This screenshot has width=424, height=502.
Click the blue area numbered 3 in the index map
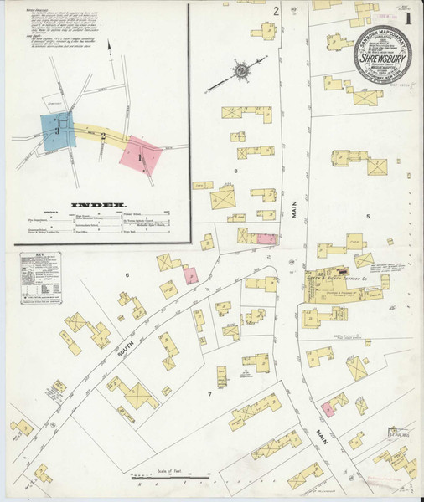pos(57,130)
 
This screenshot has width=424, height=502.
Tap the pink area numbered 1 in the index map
pos(140,153)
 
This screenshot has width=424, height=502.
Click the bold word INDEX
pos(98,203)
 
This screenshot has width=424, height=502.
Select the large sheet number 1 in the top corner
pos(408,16)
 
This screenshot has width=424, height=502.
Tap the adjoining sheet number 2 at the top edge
pos(276,11)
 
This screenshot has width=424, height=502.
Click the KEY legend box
pos(39,277)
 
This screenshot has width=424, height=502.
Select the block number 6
pos(128,275)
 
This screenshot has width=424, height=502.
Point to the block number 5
pos(367,217)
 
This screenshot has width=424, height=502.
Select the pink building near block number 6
pos(190,275)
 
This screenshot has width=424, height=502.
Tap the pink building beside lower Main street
pos(328,408)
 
